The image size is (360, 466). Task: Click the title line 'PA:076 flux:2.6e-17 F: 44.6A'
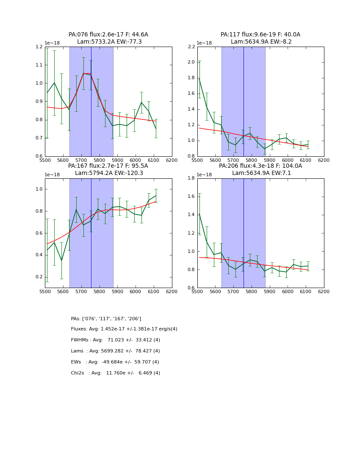click(x=108, y=35)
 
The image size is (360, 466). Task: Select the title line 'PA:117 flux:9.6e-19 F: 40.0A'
click(x=260, y=35)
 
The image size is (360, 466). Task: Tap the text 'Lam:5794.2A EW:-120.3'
click(x=108, y=173)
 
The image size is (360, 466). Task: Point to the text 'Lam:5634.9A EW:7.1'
click(x=260, y=173)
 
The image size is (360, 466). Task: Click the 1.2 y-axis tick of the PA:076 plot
click(x=39, y=47)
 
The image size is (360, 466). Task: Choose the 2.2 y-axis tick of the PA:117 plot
click(x=191, y=47)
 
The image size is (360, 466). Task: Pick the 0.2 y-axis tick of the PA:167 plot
click(x=39, y=277)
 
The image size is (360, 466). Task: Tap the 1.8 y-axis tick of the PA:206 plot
click(x=191, y=178)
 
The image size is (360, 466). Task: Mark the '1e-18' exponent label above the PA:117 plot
click(x=204, y=43)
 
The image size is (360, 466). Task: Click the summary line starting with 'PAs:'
click(x=106, y=319)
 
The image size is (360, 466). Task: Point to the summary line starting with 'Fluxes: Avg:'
click(x=124, y=329)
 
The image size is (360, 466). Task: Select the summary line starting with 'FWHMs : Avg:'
click(x=115, y=340)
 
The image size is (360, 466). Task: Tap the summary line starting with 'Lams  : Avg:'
click(x=115, y=351)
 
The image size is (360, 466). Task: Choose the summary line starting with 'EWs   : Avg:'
click(x=115, y=362)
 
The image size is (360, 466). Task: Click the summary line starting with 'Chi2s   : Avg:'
click(x=115, y=373)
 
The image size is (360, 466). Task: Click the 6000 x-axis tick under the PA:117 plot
click(x=288, y=160)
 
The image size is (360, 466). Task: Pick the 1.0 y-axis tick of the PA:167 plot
click(x=39, y=189)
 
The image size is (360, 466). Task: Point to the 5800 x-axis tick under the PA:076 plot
click(x=100, y=160)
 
